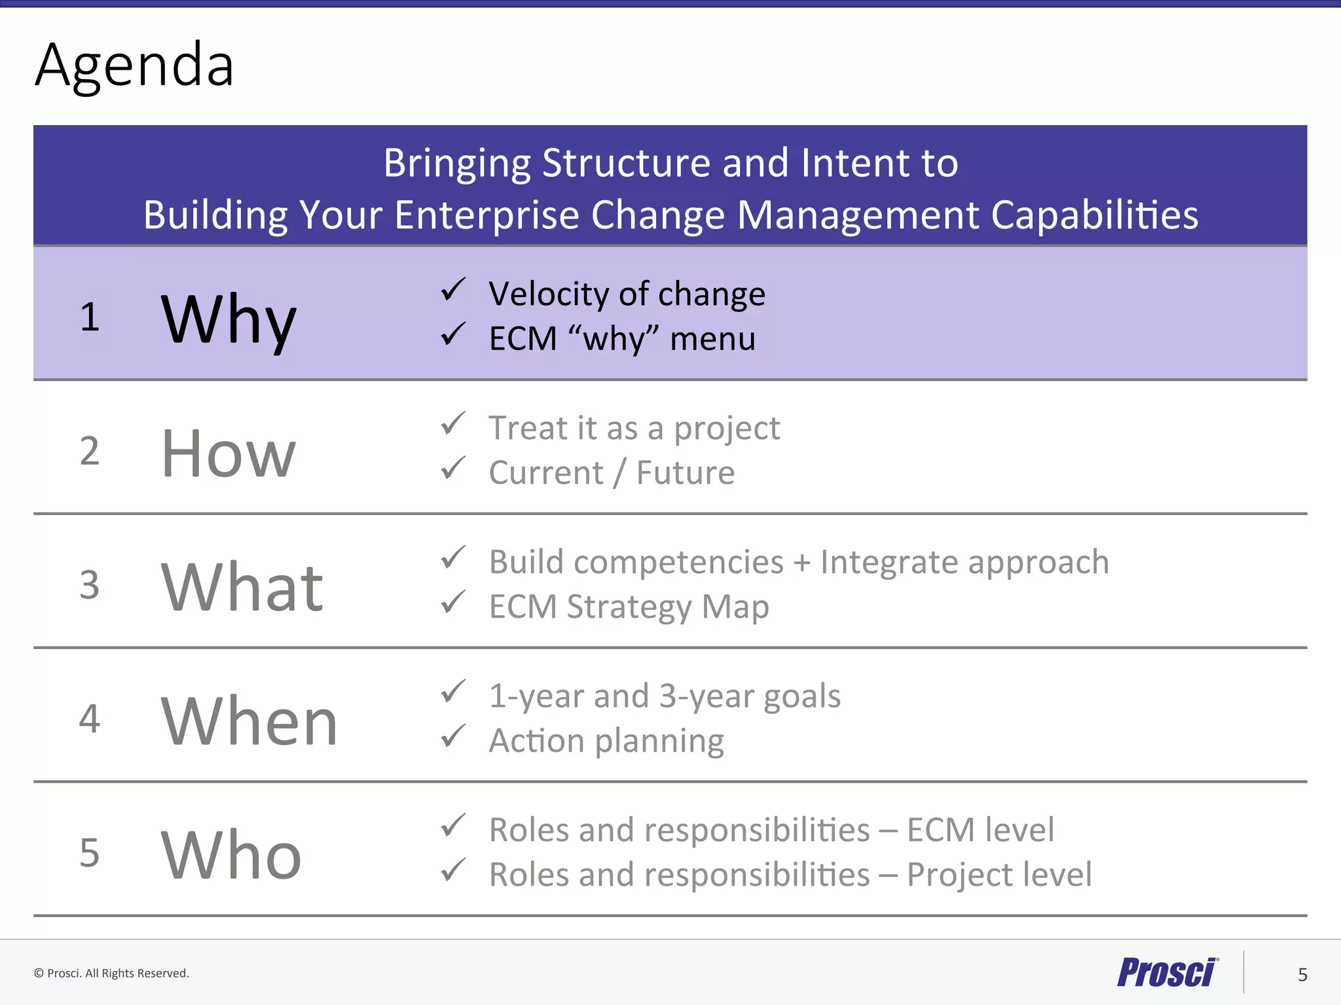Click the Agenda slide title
(134, 65)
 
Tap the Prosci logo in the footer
(1166, 972)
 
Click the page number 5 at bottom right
(1302, 975)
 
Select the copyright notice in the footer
(111, 973)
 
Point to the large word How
(229, 453)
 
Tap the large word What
(242, 587)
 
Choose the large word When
(249, 721)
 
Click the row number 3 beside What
(90, 585)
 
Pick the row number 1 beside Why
(90, 317)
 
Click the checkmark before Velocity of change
(452, 289)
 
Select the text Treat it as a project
(634, 429)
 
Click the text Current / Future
(612, 473)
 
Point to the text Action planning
(606, 741)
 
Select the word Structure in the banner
(626, 163)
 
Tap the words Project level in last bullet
(999, 875)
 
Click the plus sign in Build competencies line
(801, 563)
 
